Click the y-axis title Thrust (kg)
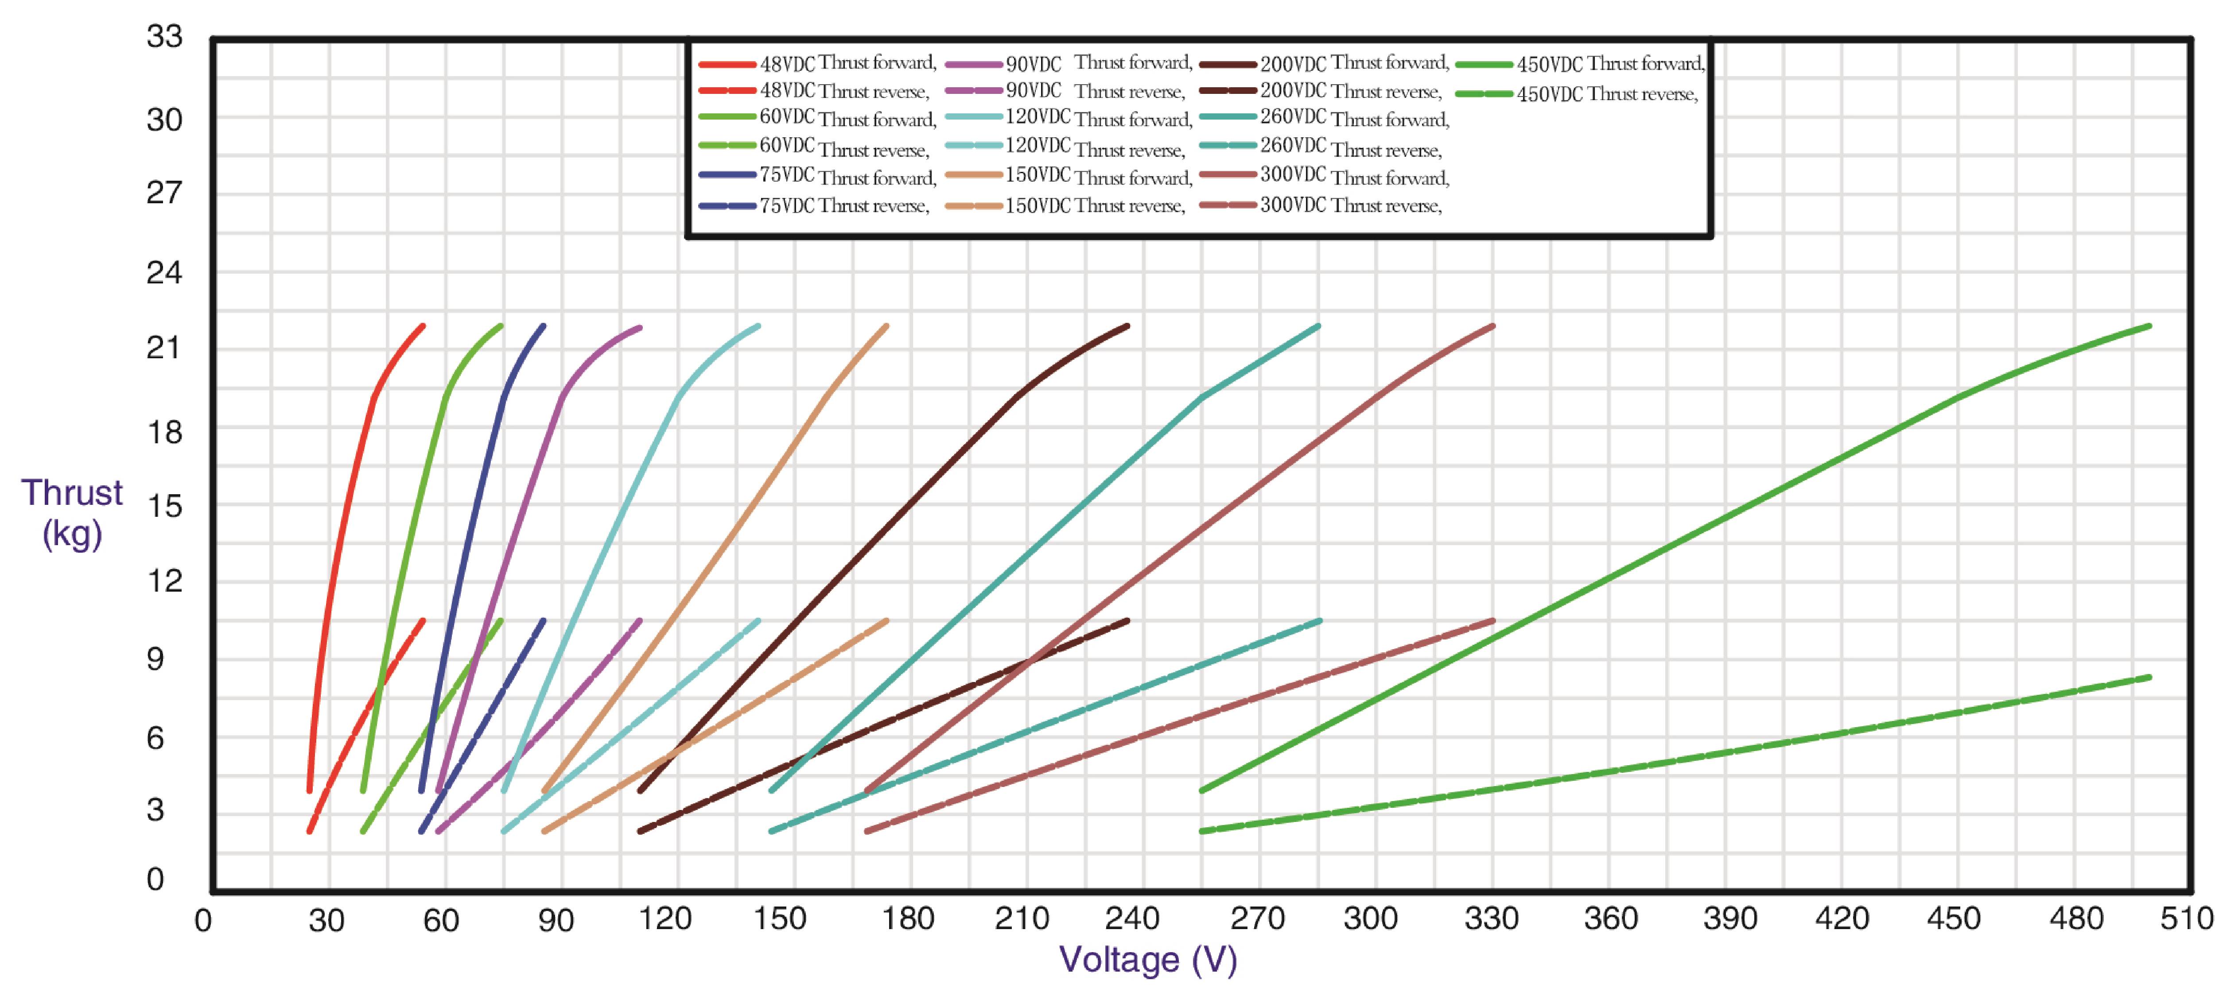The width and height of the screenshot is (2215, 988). pos(72,513)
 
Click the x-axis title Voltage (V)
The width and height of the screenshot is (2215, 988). pos(1148,959)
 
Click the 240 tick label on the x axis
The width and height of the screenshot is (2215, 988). pos(1131,919)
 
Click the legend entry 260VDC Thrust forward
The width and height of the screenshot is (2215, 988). pos(1354,119)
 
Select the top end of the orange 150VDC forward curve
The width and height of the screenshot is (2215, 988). pos(886,327)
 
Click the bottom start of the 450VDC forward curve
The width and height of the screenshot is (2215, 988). pos(1202,789)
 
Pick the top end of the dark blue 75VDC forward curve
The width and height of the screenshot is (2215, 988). pos(544,327)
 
